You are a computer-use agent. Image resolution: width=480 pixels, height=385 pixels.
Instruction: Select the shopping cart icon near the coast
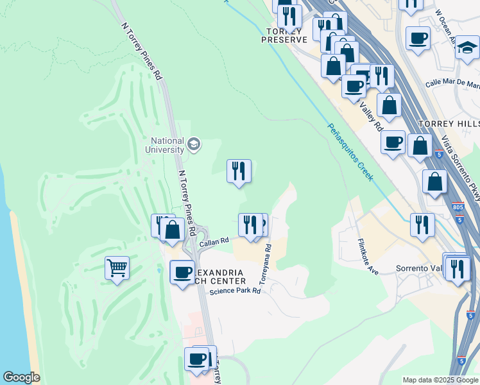tap(117, 268)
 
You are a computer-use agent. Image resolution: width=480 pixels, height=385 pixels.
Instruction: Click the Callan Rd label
tap(214, 242)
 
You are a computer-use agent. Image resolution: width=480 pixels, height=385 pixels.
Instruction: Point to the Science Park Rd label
tap(235, 291)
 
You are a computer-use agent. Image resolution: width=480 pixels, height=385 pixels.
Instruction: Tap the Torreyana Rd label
tap(264, 263)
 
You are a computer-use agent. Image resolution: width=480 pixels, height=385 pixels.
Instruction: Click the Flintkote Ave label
tap(368, 257)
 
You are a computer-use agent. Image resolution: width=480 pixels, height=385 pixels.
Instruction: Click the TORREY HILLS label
tap(448, 123)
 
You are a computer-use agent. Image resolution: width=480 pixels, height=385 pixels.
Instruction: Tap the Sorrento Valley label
tap(420, 268)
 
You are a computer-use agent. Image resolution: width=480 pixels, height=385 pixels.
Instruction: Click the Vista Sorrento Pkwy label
tap(461, 167)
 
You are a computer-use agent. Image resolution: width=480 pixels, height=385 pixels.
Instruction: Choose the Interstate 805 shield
tap(456, 207)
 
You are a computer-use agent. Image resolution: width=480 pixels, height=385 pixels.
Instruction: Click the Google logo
tap(21, 377)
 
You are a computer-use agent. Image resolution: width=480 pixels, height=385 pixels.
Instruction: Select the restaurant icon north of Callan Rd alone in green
tap(239, 171)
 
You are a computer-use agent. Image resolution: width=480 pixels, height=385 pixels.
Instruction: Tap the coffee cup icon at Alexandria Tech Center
tap(183, 271)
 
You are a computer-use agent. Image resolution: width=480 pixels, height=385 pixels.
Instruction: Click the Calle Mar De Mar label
tap(452, 84)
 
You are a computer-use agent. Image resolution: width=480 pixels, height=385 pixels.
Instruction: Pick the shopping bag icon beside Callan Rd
tap(172, 229)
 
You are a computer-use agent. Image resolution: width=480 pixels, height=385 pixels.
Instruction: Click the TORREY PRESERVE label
tap(284, 35)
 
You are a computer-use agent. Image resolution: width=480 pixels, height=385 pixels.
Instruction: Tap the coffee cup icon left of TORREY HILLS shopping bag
tap(393, 142)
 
